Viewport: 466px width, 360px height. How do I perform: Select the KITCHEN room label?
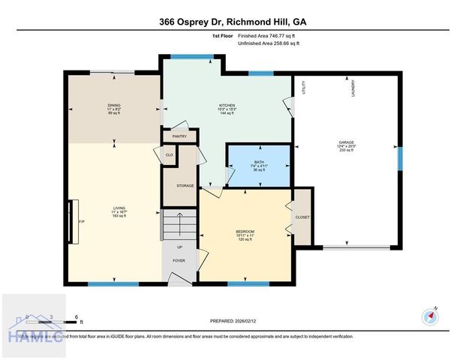click(227, 106)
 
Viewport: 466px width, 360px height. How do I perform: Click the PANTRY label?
click(179, 136)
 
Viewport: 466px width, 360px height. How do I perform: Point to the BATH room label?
click(259, 162)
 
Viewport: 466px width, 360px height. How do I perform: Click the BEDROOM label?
click(245, 231)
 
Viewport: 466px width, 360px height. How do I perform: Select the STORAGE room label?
click(185, 185)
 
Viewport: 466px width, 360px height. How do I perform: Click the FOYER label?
click(179, 261)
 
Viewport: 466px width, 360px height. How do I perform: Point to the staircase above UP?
click(179, 225)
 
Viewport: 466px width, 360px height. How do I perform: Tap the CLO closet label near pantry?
click(169, 154)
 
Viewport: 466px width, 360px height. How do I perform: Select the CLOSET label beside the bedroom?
click(302, 217)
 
